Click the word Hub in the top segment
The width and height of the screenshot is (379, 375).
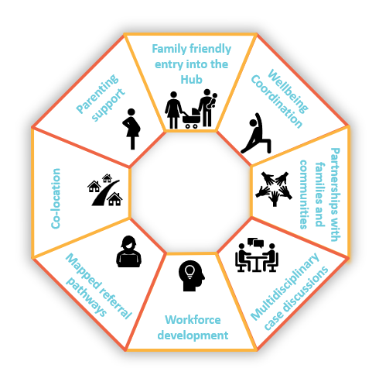click(191, 79)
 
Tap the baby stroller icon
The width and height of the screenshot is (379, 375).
click(191, 119)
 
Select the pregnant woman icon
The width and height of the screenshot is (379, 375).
click(131, 129)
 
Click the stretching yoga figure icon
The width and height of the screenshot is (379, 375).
click(256, 133)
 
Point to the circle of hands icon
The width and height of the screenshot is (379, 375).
click(274, 188)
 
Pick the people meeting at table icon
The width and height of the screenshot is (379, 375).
click(257, 255)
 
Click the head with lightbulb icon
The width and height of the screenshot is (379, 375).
click(191, 276)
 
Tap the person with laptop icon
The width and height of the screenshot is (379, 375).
click(128, 252)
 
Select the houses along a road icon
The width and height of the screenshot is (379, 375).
click(105, 190)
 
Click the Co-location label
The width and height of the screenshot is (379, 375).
click(56, 198)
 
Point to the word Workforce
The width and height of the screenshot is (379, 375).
click(193, 320)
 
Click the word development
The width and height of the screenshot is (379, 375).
click(193, 335)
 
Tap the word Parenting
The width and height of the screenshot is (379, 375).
click(97, 94)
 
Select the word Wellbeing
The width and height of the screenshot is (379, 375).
click(288, 91)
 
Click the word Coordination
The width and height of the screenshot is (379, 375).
click(276, 101)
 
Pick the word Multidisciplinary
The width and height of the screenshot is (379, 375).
click(285, 287)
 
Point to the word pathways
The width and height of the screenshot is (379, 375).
click(86, 298)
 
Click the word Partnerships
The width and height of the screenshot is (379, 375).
click(335, 194)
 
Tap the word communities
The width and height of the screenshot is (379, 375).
click(304, 194)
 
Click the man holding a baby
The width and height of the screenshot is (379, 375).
click(207, 108)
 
